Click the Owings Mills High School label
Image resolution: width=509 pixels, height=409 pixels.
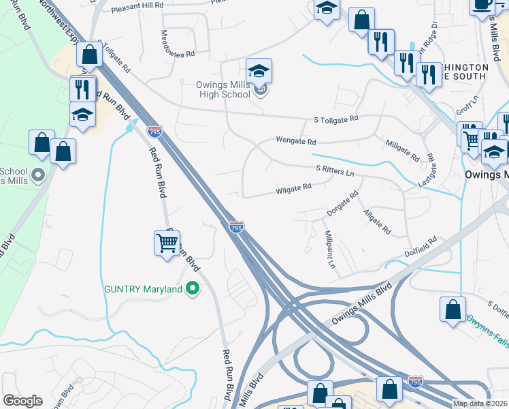pos(216,89)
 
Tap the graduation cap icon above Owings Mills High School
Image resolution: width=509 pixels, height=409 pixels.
pos(259,70)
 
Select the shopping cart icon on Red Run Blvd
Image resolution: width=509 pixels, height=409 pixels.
pos(167,243)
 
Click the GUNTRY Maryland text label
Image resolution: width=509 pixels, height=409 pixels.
pos(143,289)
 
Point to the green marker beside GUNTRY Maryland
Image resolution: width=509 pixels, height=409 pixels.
pos(193,289)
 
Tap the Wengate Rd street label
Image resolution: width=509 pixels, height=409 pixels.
pos(296,142)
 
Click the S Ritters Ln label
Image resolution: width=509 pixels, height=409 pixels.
pos(335,170)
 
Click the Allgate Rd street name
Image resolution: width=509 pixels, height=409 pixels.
pos(377,222)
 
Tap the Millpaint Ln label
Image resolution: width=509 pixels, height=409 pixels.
pos(330,249)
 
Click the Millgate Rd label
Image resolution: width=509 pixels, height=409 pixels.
pos(402,151)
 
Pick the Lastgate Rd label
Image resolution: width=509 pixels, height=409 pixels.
pos(427,172)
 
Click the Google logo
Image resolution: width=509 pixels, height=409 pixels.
pos(22,401)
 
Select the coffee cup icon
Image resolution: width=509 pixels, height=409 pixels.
pos(482,5)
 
